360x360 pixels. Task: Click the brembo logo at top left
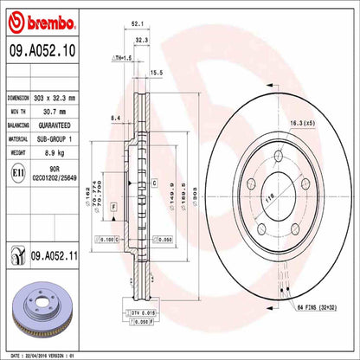(x=43, y=18)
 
